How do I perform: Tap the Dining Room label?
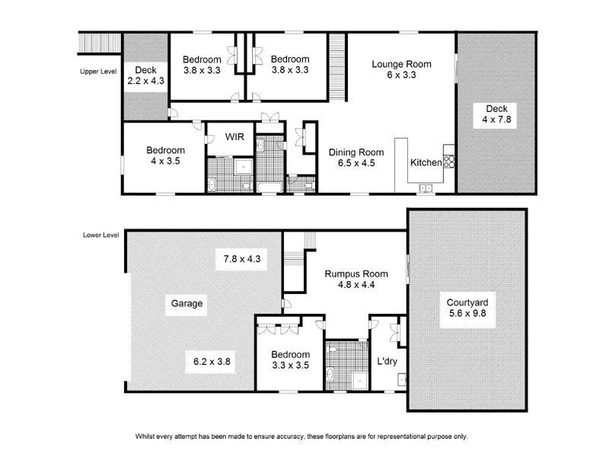tap(356, 152)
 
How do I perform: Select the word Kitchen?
tap(425, 163)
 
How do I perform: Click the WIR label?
tap(234, 137)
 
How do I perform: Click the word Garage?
tap(187, 303)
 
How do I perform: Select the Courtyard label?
tap(467, 303)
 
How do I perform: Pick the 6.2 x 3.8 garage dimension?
tap(209, 362)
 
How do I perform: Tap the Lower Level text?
tap(100, 235)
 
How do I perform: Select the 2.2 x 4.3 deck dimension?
tap(145, 81)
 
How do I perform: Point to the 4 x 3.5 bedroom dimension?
tap(165, 161)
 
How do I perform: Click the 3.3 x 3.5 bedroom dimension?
tap(290, 366)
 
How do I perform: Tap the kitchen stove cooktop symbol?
tap(449, 161)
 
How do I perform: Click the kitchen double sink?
tap(424, 187)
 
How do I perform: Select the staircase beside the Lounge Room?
tap(336, 66)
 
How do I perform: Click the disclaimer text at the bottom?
tap(301, 436)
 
